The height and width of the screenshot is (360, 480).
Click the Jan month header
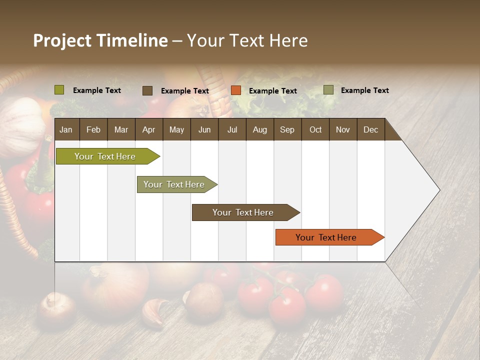coord(66,129)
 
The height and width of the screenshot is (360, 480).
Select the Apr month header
coord(149,129)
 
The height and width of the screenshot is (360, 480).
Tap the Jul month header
coord(232,129)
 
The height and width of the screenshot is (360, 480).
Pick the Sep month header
coord(287,129)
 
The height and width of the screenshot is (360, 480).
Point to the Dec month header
coord(370,129)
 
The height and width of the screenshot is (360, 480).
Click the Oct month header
coord(315,129)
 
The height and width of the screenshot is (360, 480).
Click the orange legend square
coord(236,90)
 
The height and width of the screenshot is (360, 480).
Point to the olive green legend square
coord(59,90)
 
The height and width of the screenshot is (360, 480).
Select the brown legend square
coord(147,90)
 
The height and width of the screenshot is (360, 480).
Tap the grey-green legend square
coord(328,90)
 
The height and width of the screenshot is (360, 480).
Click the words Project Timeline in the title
coord(100,40)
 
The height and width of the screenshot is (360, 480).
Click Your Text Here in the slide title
coord(247,40)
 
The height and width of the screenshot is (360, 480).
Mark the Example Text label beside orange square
coord(273,90)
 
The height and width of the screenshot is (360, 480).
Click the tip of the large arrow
coord(438,190)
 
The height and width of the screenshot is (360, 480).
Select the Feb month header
coord(93,129)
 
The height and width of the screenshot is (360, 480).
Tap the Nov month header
coord(343,129)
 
